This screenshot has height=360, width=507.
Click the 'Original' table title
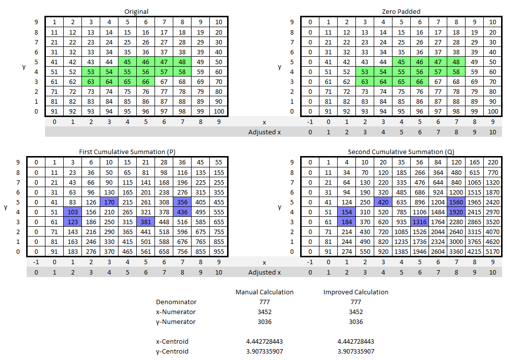point(136,11)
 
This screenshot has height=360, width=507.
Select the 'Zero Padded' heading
point(401,11)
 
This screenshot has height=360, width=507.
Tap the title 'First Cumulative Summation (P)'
point(127,152)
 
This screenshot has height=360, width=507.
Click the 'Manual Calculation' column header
point(265,292)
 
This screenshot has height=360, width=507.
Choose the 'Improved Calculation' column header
point(355,292)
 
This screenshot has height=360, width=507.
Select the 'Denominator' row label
point(176,302)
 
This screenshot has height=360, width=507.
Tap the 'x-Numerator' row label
point(176,312)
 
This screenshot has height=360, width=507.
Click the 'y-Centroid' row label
point(172,351)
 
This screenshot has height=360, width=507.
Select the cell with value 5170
point(493,251)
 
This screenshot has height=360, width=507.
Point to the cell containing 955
point(219,251)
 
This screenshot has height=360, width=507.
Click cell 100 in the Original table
point(219,111)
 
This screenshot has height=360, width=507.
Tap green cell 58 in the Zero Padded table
point(456,72)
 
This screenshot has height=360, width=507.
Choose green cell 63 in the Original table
point(91,81)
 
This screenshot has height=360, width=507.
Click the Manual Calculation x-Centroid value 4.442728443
point(265,341)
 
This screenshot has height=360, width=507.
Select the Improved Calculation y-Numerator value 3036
point(355,321)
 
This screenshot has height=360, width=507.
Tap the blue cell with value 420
point(383,202)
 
